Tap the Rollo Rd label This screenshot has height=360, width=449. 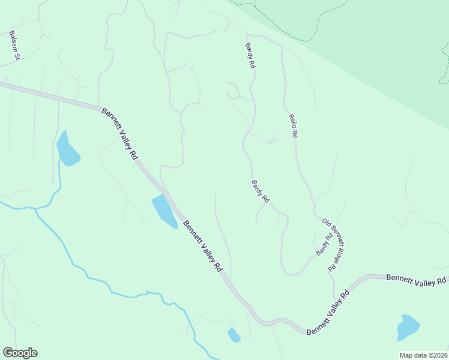tap(293, 127)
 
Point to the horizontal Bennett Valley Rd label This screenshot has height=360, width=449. tap(416, 280)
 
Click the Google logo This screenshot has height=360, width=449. tap(20, 353)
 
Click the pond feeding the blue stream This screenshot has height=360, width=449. tap(67, 150)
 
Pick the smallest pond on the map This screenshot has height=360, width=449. tap(234, 335)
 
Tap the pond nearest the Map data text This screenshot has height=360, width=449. tap(408, 328)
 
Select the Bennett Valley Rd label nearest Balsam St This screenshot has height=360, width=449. tap(120, 134)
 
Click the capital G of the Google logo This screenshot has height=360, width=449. tap(7, 353)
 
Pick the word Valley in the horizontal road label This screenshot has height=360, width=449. tap(422, 280)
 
